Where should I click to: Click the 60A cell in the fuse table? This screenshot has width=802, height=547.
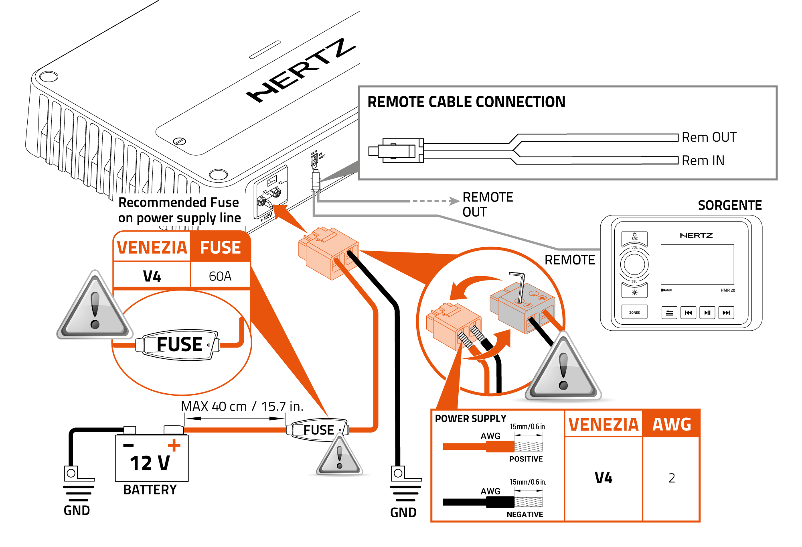(x=220, y=276)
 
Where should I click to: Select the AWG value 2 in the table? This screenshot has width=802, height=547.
(x=672, y=478)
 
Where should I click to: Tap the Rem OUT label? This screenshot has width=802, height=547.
(x=709, y=137)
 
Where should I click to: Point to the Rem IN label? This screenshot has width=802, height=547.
(x=703, y=161)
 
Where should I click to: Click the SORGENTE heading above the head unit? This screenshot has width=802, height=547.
(x=729, y=205)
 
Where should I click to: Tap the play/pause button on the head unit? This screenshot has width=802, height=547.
(x=707, y=313)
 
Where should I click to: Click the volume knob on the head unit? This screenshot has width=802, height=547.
(x=634, y=264)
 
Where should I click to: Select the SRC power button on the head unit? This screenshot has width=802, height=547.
(x=634, y=237)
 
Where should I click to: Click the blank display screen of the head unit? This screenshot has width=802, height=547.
(x=697, y=264)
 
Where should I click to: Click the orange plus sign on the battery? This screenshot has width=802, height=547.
(x=174, y=445)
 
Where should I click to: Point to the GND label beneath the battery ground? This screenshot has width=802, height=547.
(x=77, y=510)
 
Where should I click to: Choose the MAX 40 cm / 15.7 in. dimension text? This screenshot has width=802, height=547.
(x=242, y=406)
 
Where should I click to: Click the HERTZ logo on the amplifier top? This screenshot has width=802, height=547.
(x=301, y=70)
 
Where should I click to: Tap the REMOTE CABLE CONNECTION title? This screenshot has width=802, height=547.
(x=466, y=102)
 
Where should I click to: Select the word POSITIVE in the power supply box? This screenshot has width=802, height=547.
(x=526, y=459)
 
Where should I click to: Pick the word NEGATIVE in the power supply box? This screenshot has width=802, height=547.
(x=525, y=514)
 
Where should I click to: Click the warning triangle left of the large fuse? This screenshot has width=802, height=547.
(x=95, y=307)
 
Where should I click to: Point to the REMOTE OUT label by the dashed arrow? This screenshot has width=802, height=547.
(x=488, y=204)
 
